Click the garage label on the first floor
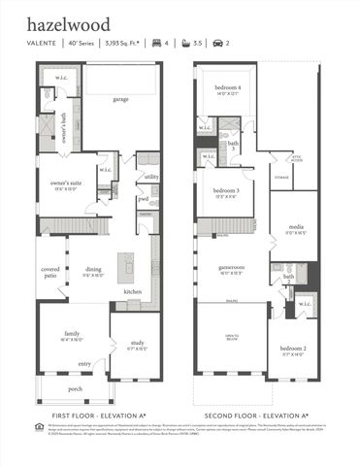tap(119, 99)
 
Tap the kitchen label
tap(133, 291)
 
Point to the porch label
tap(75, 389)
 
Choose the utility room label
tap(150, 178)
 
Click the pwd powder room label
tap(143, 199)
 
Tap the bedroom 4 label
tap(227, 89)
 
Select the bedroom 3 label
tap(226, 191)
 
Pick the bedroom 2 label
tap(294, 350)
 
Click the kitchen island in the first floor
tap(124, 266)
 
